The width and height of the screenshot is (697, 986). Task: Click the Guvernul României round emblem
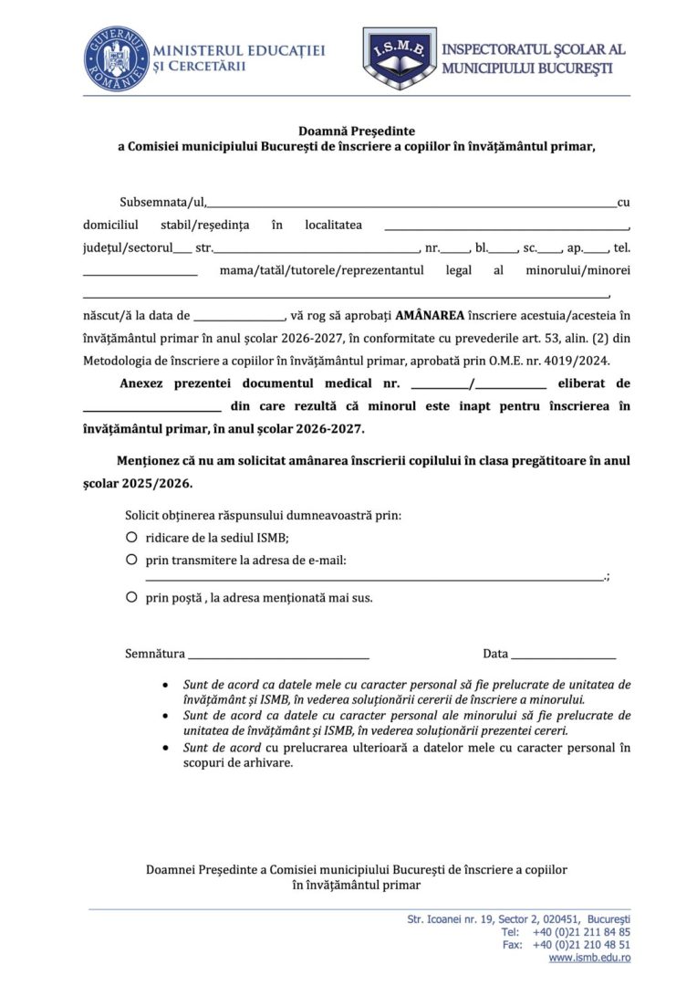click(x=116, y=58)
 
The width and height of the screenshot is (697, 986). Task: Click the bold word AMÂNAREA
click(x=430, y=316)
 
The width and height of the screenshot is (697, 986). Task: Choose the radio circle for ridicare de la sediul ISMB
click(x=132, y=537)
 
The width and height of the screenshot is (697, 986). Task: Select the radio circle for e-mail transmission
click(x=132, y=559)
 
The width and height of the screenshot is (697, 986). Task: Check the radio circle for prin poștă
click(x=132, y=597)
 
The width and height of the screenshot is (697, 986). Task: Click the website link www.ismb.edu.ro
click(x=589, y=958)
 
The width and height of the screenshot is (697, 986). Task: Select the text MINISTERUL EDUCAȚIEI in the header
click(x=240, y=51)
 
